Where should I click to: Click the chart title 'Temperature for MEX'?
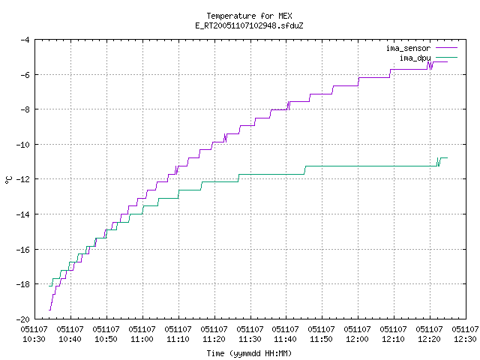click(x=249, y=16)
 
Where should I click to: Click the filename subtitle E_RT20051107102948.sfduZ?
click(x=249, y=25)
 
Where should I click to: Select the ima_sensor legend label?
click(x=408, y=48)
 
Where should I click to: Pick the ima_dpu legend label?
click(x=415, y=58)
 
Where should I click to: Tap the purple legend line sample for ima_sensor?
click(x=446, y=48)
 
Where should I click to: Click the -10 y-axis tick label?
click(x=23, y=145)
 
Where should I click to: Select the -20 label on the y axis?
click(x=23, y=319)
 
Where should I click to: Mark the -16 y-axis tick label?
click(x=23, y=250)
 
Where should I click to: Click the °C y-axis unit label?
click(x=8, y=180)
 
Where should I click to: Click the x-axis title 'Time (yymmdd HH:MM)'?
click(x=249, y=353)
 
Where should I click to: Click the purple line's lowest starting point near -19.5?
click(x=49, y=310)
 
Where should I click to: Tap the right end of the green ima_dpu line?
click(x=448, y=158)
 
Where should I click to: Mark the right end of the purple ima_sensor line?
click(x=448, y=61)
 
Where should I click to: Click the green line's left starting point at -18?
click(x=49, y=286)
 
